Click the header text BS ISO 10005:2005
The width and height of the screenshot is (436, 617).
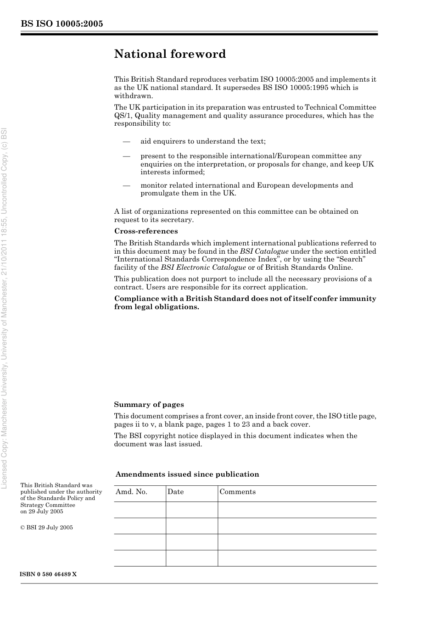click(x=61, y=24)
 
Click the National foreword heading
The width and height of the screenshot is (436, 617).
click(x=170, y=54)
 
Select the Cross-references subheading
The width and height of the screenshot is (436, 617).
click(x=146, y=231)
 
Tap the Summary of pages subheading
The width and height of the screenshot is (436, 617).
click(x=149, y=405)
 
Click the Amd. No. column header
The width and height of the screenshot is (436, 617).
click(x=131, y=492)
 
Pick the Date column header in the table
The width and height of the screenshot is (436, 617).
click(x=175, y=492)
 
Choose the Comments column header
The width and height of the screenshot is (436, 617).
click(x=237, y=492)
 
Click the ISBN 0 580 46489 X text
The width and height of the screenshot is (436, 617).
click(x=49, y=574)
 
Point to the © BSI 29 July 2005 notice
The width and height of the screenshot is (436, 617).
click(x=46, y=528)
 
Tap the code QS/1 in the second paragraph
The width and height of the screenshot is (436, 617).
click(x=123, y=116)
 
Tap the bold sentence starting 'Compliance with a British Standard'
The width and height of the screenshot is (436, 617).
click(x=245, y=303)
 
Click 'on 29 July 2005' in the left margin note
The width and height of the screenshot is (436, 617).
click(x=42, y=511)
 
